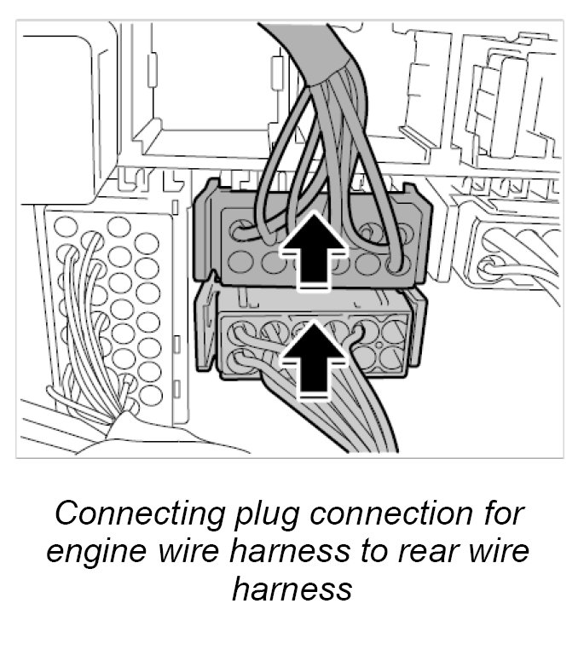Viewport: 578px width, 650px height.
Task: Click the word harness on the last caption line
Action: (x=291, y=589)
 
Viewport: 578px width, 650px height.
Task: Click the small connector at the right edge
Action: (x=512, y=256)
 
